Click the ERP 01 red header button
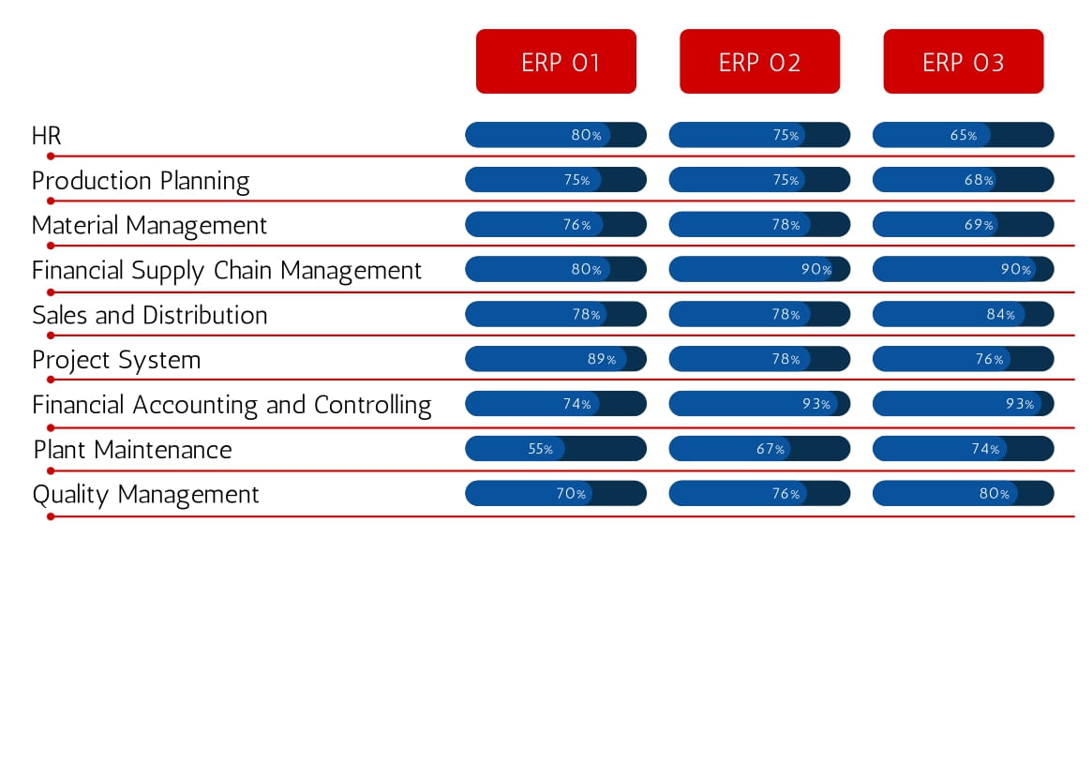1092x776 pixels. pos(556,61)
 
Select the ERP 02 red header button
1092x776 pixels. pos(760,61)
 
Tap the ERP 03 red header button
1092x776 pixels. pos(964,61)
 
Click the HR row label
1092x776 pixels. pos(47,135)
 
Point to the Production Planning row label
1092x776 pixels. pos(141,181)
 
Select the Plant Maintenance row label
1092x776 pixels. pos(133,449)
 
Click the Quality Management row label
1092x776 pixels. pos(145,495)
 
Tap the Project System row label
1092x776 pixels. pos(116,360)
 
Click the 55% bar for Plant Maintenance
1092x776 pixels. pos(556,449)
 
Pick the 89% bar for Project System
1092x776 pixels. pos(556,359)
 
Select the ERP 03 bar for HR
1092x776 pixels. pos(964,134)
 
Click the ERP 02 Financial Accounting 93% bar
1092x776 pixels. pos(760,403)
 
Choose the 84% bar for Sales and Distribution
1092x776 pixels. pos(964,314)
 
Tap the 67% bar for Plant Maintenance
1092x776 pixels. pos(760,449)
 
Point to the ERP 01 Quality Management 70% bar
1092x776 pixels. pos(556,493)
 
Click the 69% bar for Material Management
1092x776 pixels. pos(964,224)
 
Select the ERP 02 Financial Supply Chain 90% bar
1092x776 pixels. pos(760,269)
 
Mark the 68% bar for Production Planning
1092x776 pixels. pos(964,180)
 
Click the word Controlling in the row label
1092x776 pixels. pos(372,406)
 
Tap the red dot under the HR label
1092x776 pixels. pos(51,156)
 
